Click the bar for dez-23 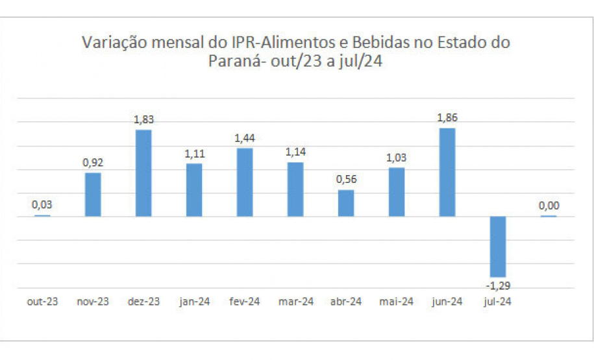(x=143, y=173)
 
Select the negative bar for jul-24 (x=498, y=246)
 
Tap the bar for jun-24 (x=447, y=172)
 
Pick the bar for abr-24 (x=346, y=203)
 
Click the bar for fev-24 (x=245, y=182)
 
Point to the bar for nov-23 (x=93, y=195)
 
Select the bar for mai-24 (x=397, y=192)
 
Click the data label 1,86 (x=447, y=118)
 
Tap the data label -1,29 (x=497, y=285)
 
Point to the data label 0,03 (x=42, y=205)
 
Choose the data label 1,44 (x=245, y=138)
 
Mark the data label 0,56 (x=346, y=180)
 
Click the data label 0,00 (x=549, y=206)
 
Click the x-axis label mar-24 (x=296, y=302)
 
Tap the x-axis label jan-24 (x=194, y=302)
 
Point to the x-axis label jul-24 (x=498, y=302)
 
